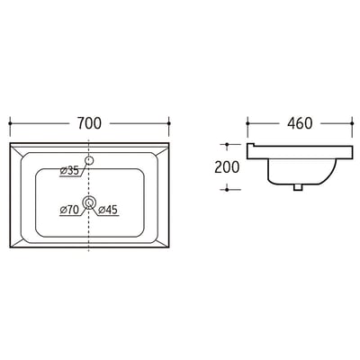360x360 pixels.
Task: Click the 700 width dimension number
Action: pyautogui.click(x=89, y=123)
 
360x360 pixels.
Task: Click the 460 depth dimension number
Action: pyautogui.click(x=300, y=123)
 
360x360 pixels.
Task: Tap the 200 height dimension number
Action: pyautogui.click(x=227, y=167)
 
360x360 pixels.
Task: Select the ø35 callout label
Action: pyautogui.click(x=69, y=171)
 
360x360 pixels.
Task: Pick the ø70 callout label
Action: pyautogui.click(x=69, y=210)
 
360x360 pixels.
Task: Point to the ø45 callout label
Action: pyautogui.click(x=108, y=210)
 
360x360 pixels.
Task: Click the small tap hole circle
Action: pyautogui.click(x=89, y=160)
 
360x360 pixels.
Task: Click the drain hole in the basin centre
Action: pyautogui.click(x=89, y=202)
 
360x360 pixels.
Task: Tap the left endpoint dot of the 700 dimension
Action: pyautogui.click(x=10, y=123)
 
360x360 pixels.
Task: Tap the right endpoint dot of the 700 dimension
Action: pyautogui.click(x=169, y=123)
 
